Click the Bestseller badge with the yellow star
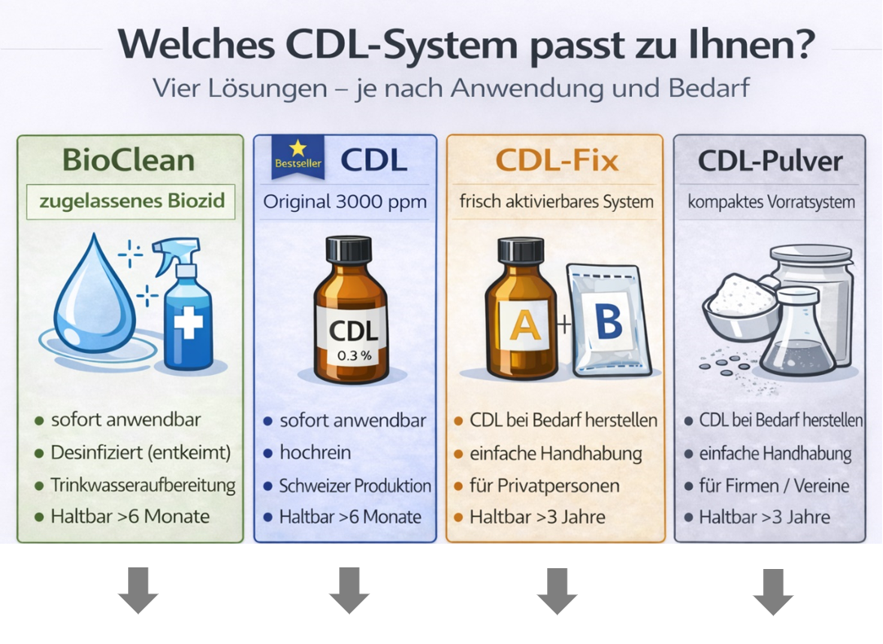coord(298,157)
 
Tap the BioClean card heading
coord(129,160)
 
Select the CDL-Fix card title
coord(557,161)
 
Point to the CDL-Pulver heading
coord(770,161)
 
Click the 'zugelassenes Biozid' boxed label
coord(130,201)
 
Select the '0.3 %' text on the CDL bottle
coord(354,355)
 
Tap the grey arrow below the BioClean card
coord(138,590)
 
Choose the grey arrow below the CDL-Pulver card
coord(773,592)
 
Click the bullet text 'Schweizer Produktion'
coord(355,486)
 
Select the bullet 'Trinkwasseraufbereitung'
coord(143,485)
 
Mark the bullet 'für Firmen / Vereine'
coord(775,486)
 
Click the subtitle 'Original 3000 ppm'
coord(345,201)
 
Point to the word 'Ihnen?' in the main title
coord(752,44)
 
